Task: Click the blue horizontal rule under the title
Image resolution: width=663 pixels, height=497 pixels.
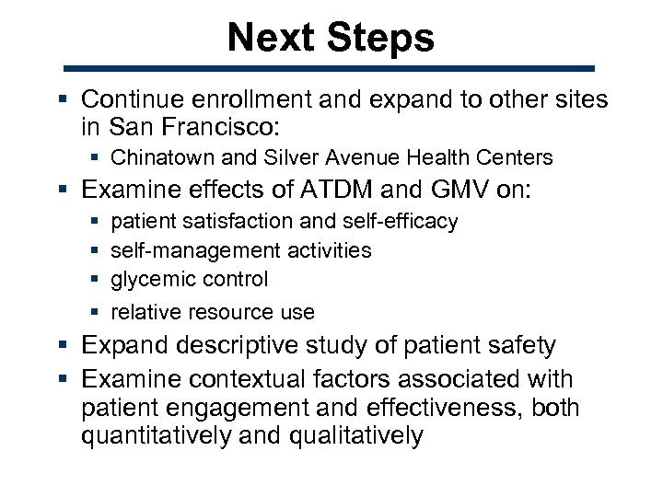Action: [331, 68]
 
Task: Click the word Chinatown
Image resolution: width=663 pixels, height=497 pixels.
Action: [157, 158]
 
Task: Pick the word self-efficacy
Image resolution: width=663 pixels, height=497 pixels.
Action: [400, 222]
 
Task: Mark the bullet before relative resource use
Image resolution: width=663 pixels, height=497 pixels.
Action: [97, 313]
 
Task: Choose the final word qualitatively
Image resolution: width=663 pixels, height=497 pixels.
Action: [356, 434]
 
